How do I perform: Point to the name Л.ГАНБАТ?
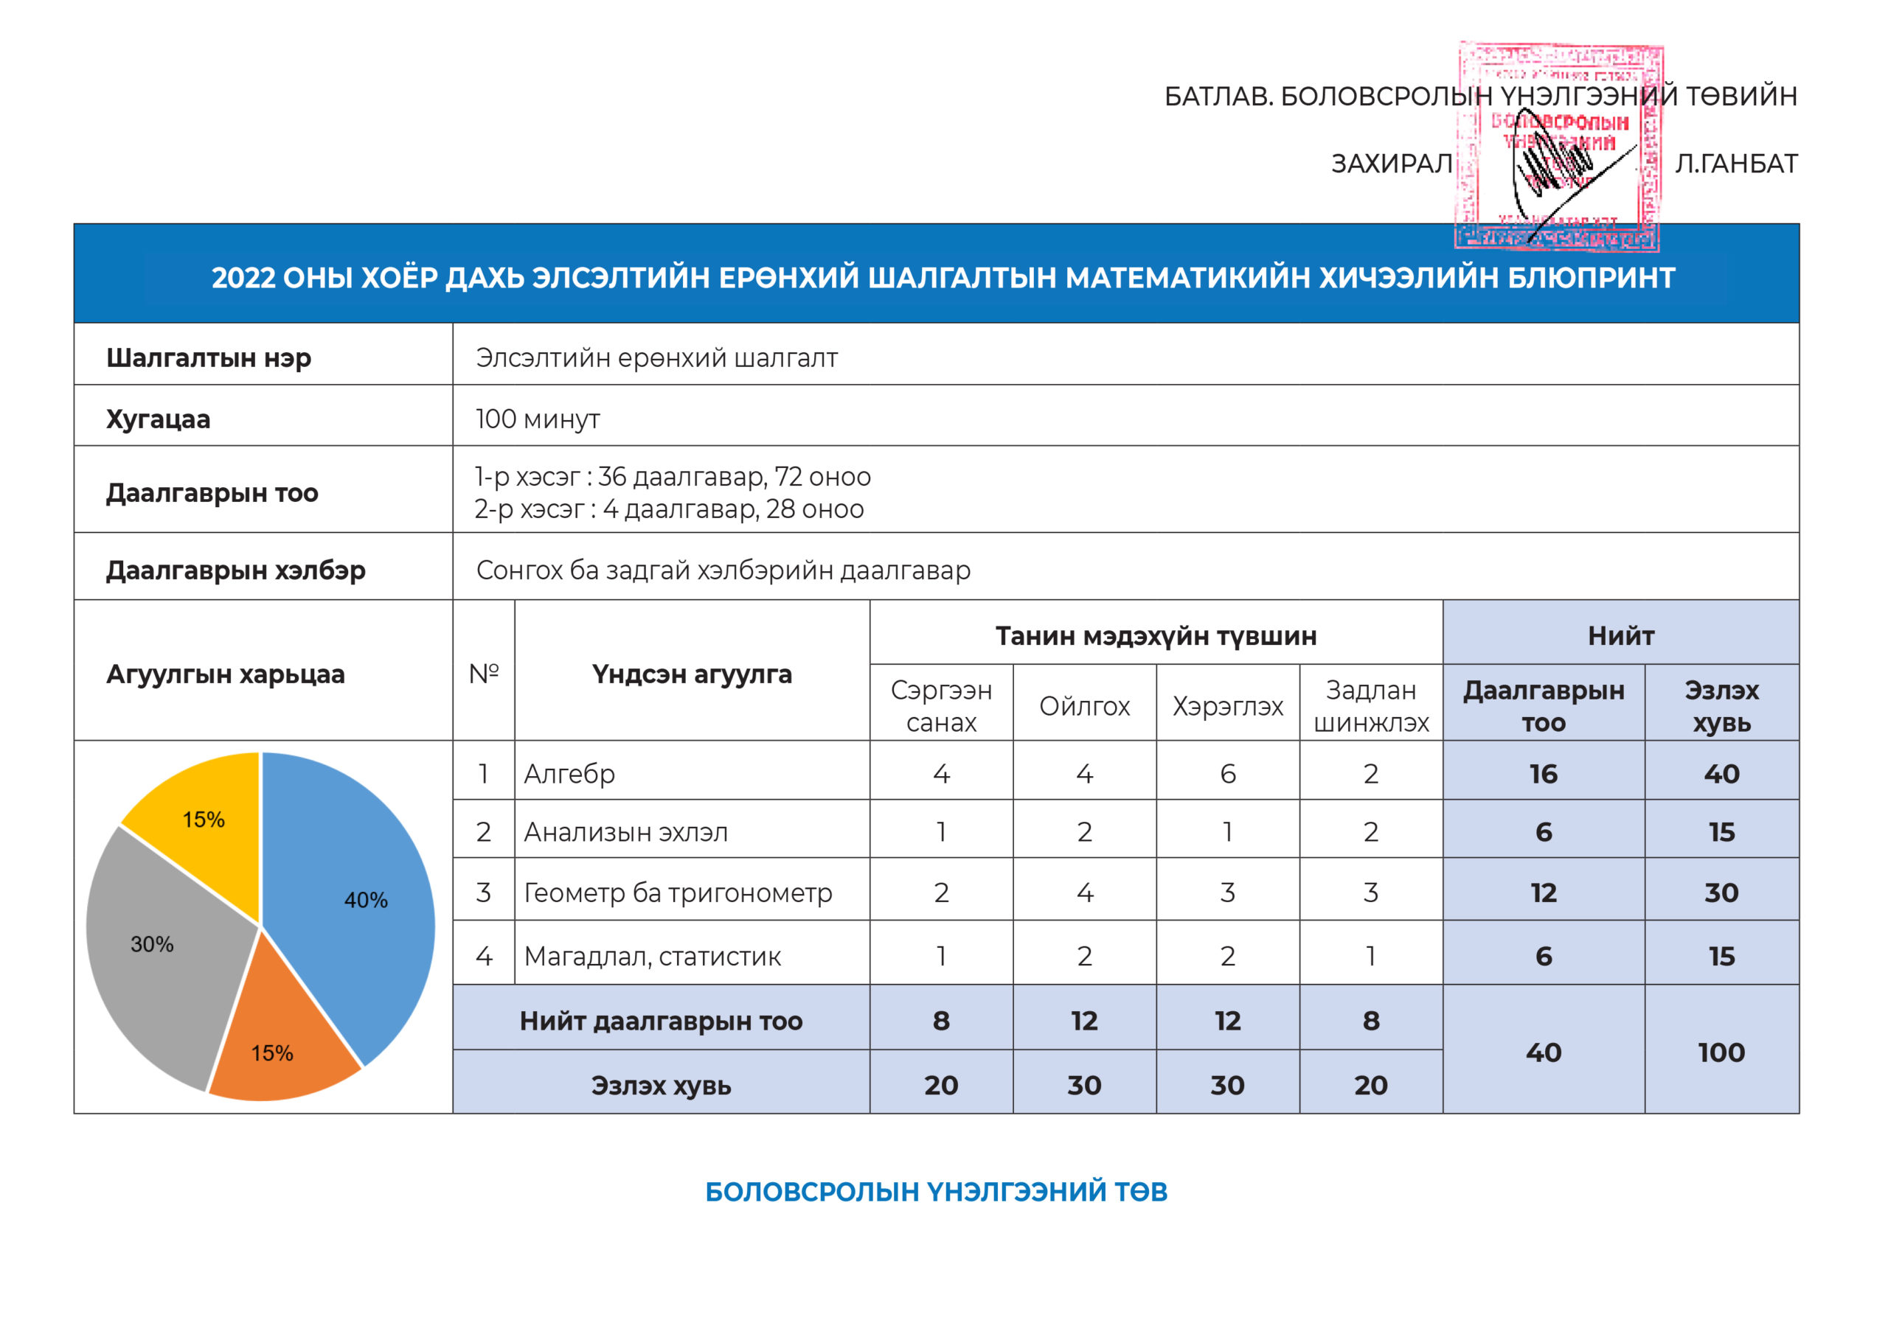(1736, 164)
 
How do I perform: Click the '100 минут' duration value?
(538, 419)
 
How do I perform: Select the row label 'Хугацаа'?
(158, 419)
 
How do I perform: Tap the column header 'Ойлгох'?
(1085, 706)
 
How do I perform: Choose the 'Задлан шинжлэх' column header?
(1371, 706)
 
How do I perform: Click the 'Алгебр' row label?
(569, 773)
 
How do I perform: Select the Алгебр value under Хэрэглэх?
(1228, 773)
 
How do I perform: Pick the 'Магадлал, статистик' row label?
(652, 956)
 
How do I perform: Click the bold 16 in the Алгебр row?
(1544, 773)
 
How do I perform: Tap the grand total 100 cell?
(1721, 1052)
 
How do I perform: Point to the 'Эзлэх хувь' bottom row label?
(661, 1085)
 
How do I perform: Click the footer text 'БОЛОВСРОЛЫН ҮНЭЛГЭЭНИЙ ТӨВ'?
(936, 1192)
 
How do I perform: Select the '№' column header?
(484, 674)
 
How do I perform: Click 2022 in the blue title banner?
(243, 278)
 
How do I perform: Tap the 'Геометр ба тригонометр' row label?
(678, 893)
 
